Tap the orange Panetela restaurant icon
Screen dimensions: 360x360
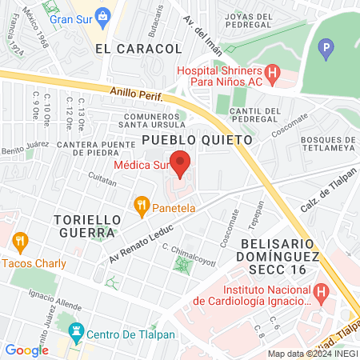click(x=142, y=206)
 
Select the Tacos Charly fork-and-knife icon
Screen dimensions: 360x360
click(x=20, y=240)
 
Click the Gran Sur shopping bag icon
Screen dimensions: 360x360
click(x=102, y=15)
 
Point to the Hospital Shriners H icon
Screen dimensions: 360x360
click(x=273, y=77)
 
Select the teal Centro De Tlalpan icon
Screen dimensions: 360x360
click(x=77, y=331)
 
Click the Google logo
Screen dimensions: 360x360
click(x=26, y=350)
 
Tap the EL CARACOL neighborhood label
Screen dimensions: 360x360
click(x=138, y=49)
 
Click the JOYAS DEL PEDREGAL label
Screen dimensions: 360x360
click(x=251, y=22)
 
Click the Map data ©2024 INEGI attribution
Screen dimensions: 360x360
click(x=311, y=354)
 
